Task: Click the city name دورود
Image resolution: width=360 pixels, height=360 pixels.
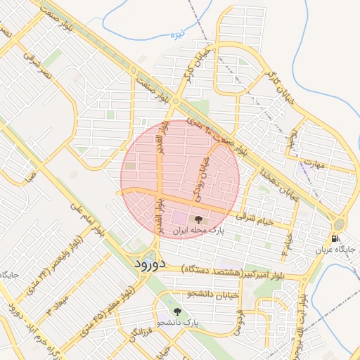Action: point(148,264)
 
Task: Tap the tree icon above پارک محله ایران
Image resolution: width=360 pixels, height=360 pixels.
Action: point(198,219)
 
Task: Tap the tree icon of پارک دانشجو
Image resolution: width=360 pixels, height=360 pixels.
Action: point(176,311)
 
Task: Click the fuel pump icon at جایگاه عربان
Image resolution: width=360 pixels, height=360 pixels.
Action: point(336,238)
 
